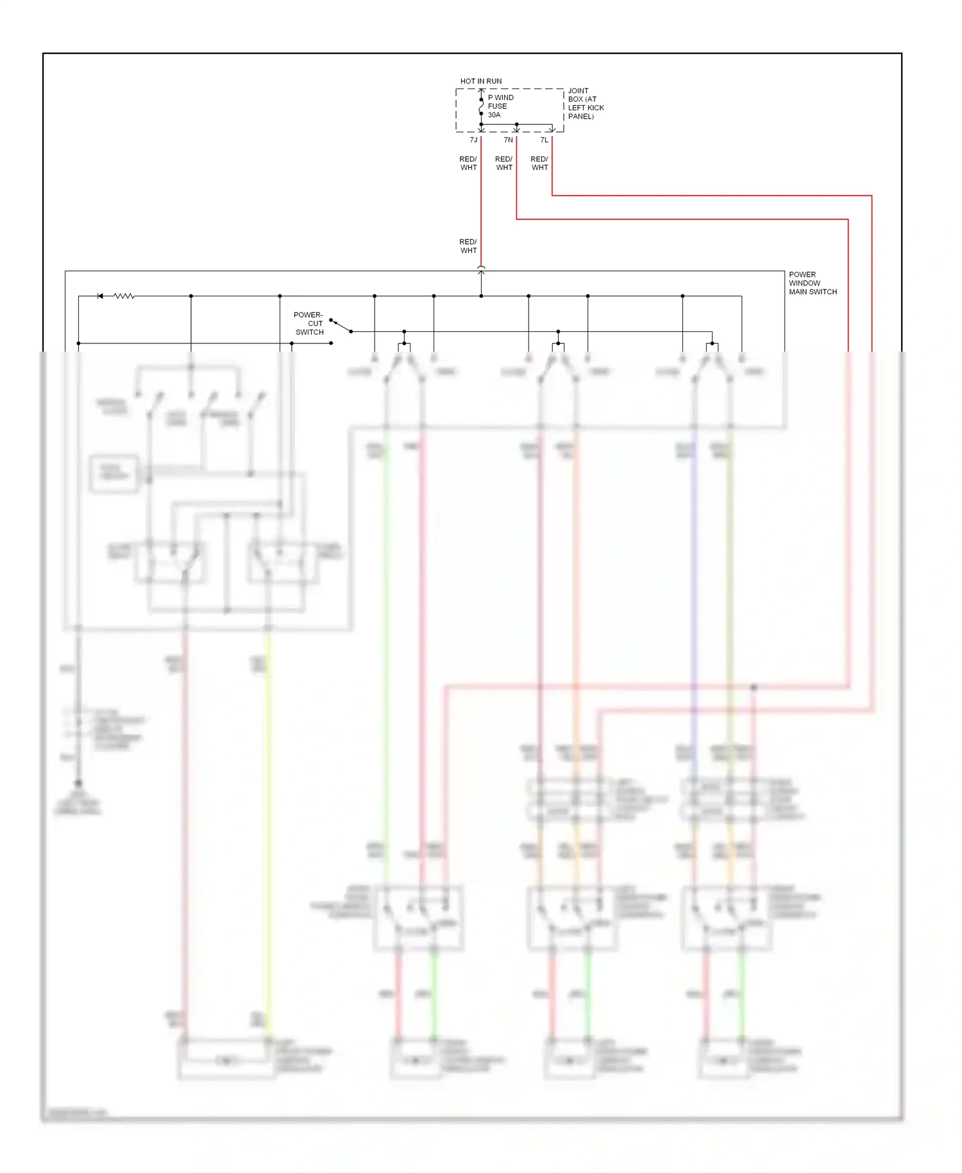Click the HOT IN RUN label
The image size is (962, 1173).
480,81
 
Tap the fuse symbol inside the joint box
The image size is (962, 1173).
481,107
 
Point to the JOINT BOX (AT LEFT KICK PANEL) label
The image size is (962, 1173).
585,104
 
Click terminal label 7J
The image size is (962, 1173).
473,140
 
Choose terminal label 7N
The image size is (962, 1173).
508,140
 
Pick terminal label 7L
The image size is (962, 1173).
544,140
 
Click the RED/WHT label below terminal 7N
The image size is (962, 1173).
504,164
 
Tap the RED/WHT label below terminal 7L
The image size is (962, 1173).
539,164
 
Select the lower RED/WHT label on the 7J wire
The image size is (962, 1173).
468,246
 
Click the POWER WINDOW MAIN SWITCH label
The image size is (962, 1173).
812,283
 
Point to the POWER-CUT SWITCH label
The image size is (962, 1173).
309,323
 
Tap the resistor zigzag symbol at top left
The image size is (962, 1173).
124,296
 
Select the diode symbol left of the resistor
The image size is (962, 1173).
100,296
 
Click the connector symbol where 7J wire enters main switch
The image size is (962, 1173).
481,271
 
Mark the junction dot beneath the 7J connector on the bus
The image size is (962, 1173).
481,296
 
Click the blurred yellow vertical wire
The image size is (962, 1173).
268,834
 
